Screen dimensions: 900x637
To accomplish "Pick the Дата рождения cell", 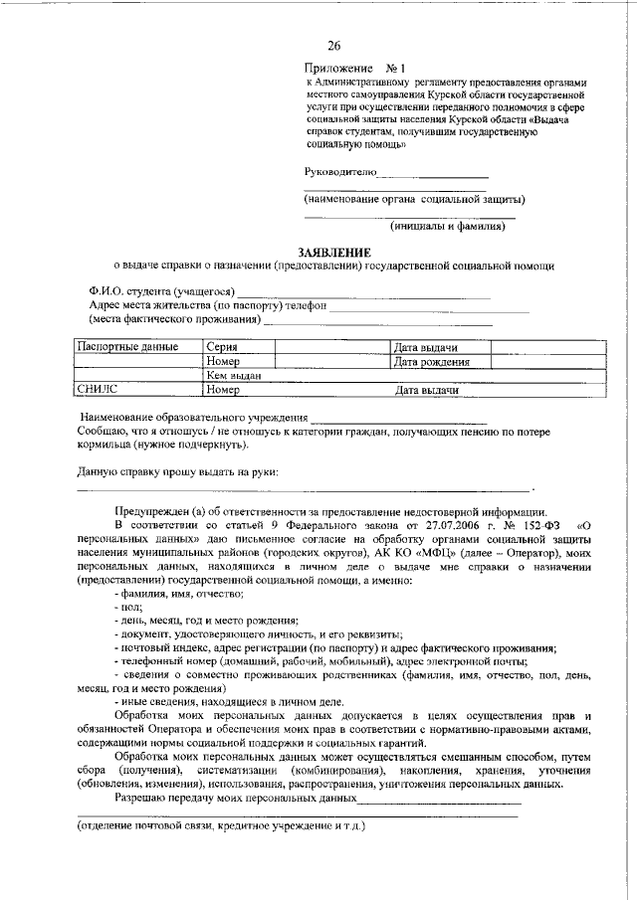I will [432, 362].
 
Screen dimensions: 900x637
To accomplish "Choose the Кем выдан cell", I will [234, 377].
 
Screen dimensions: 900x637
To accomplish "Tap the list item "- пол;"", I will [128, 606].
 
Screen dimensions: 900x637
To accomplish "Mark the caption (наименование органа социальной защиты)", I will [415, 199].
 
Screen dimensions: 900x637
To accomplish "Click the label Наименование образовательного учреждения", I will [193, 415].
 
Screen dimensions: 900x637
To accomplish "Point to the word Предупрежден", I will [153, 508].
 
